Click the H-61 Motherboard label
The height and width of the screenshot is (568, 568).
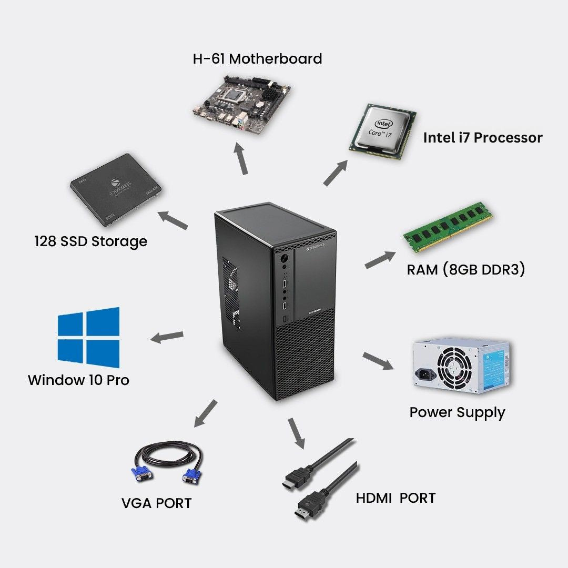tap(257, 58)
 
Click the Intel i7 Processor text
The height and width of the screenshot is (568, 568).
tap(482, 138)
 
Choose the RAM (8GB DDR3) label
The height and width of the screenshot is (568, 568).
tap(465, 270)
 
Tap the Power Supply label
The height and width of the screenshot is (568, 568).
tap(457, 412)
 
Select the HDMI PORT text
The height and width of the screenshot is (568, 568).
tap(395, 498)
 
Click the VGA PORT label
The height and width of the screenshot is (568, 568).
tap(156, 503)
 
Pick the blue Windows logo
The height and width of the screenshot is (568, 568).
tap(88, 338)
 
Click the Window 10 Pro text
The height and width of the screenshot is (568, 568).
tap(78, 380)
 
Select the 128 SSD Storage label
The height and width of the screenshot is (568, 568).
tap(90, 242)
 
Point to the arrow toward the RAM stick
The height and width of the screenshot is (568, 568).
tap(380, 259)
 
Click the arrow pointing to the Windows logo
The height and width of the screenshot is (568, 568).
tap(167, 337)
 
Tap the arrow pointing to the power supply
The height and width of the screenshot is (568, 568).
tap(378, 361)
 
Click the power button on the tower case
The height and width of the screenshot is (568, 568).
tap(285, 258)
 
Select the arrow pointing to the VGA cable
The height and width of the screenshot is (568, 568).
tap(205, 412)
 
